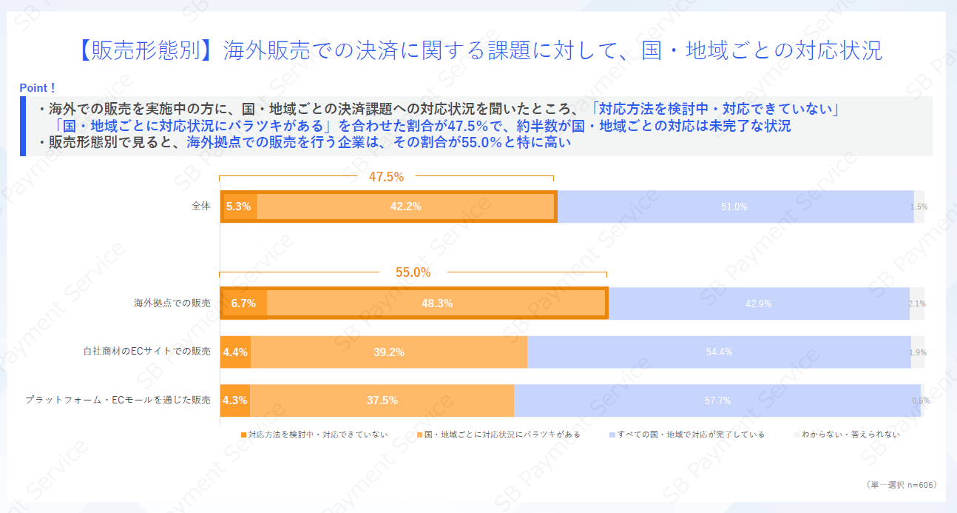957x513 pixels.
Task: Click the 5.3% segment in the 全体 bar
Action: click(x=239, y=207)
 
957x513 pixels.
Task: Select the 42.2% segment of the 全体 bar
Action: click(x=406, y=207)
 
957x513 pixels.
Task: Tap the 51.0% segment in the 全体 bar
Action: click(x=734, y=207)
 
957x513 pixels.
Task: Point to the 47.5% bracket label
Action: click(x=386, y=177)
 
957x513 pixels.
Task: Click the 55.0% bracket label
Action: click(x=413, y=272)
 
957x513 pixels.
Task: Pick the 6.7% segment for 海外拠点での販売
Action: click(x=243, y=304)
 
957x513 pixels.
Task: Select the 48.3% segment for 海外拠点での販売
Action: click(x=436, y=304)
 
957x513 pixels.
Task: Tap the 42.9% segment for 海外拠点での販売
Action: click(x=759, y=304)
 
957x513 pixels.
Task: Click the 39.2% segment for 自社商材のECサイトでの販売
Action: click(x=389, y=352)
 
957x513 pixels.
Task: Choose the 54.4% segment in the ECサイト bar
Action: click(x=719, y=352)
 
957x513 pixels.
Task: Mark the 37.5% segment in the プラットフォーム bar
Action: click(x=382, y=400)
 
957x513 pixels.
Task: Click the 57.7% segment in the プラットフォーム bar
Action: click(x=717, y=400)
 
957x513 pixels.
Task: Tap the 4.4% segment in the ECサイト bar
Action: click(x=235, y=352)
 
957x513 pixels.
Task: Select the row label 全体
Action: click(x=201, y=207)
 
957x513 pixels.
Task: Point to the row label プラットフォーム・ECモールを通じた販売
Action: click(x=118, y=400)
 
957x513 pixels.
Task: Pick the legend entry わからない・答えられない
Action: click(x=851, y=435)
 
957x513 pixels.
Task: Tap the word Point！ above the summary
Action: click(x=38, y=88)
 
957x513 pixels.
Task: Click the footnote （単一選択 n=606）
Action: click(x=901, y=484)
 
